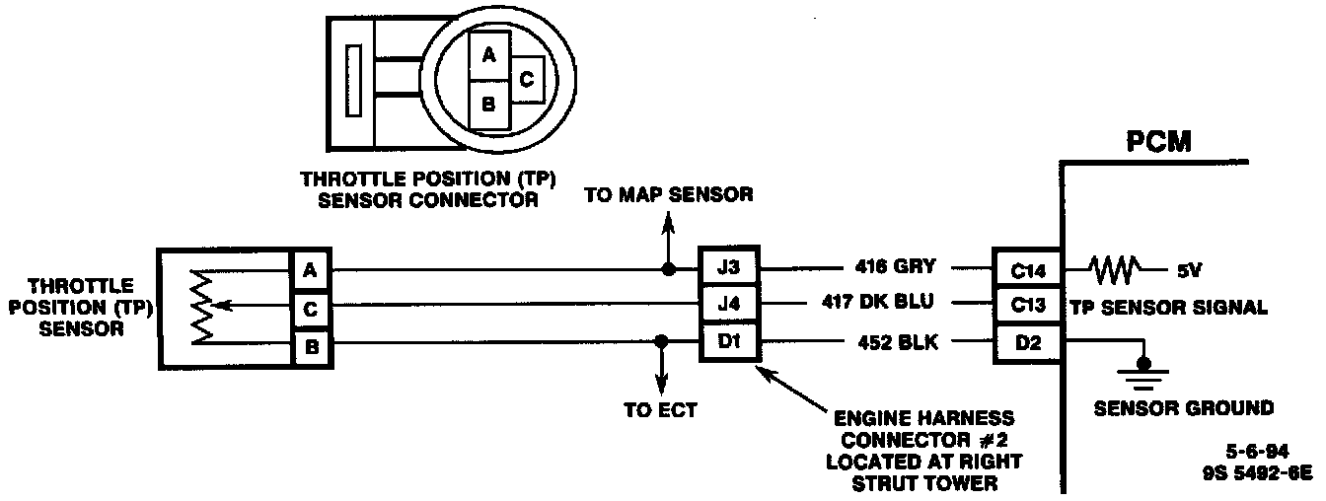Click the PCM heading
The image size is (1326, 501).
(1159, 141)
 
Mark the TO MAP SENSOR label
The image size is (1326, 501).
(668, 194)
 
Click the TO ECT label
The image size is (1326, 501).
(660, 410)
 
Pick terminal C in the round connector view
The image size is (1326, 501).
(526, 80)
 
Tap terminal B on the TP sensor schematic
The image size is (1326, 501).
(310, 346)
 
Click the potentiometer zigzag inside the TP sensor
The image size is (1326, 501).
(202, 308)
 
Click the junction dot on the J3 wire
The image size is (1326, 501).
(668, 268)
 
